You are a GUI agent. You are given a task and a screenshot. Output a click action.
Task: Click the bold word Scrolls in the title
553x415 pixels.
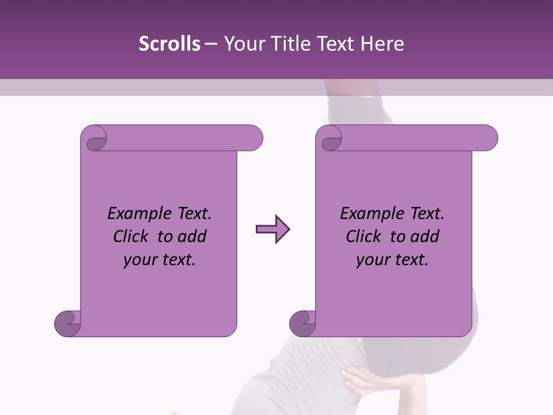point(169,44)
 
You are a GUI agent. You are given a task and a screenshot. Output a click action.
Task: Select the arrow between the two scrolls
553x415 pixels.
point(272,229)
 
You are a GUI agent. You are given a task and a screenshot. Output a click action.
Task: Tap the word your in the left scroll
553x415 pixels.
point(139,260)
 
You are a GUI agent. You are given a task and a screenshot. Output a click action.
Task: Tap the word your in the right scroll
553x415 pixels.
point(372,260)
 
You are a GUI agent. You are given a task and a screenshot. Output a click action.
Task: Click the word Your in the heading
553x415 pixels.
point(241,44)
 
